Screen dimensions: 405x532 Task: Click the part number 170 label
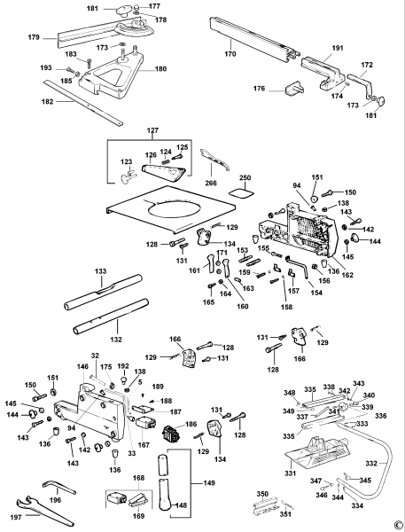pos(230,53)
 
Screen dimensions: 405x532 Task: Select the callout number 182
pos(48,101)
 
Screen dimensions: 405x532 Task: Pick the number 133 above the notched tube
pos(100,271)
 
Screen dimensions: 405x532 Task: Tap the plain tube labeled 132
pos(112,317)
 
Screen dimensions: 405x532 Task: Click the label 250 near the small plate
pos(245,178)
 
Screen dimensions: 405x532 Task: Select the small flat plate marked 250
pos(241,192)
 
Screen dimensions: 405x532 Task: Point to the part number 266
pos(211,184)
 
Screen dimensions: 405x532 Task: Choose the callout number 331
pos(291,473)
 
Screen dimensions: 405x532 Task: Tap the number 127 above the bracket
pos(152,130)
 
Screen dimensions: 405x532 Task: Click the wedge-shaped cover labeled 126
pos(162,171)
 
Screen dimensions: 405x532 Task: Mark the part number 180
pos(160,69)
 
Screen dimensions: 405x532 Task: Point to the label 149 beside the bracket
pos(209,482)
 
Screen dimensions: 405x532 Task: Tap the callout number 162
pos(347,275)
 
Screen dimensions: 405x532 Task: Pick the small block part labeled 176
pos(293,88)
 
